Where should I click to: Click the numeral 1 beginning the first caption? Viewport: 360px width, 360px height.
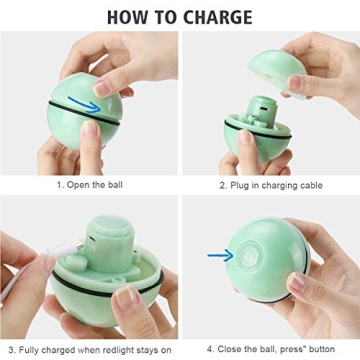pyautogui.click(x=59, y=186)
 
